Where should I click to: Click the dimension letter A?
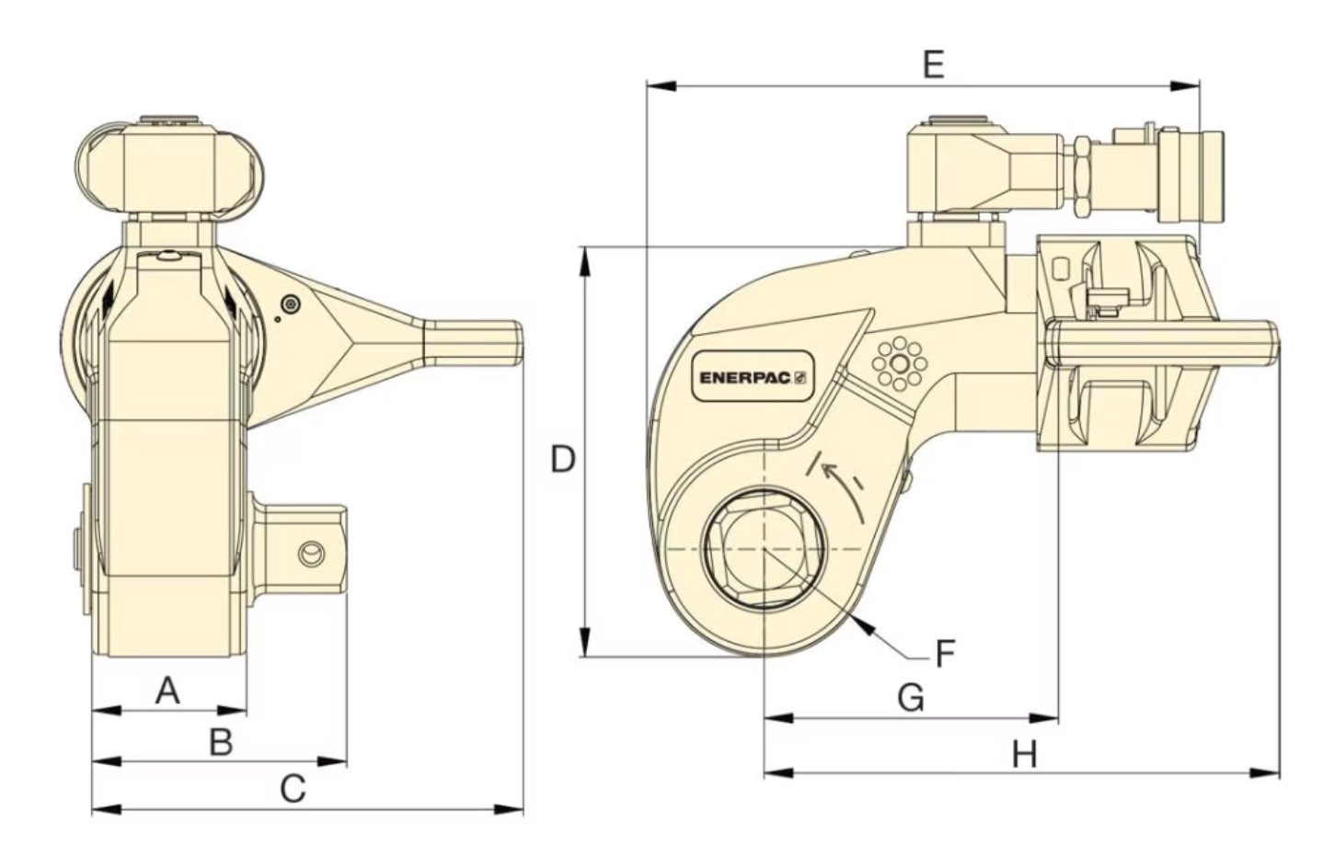[x=166, y=689]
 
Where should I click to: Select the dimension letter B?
[x=221, y=740]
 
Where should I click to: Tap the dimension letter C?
[x=292, y=788]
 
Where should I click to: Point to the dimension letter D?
[x=562, y=458]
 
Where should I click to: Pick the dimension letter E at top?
[x=933, y=65]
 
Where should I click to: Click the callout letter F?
[x=945, y=653]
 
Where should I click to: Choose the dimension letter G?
[x=910, y=698]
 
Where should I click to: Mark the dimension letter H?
[x=1025, y=755]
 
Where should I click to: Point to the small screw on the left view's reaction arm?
[x=292, y=304]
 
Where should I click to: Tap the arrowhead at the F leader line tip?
[x=863, y=625]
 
